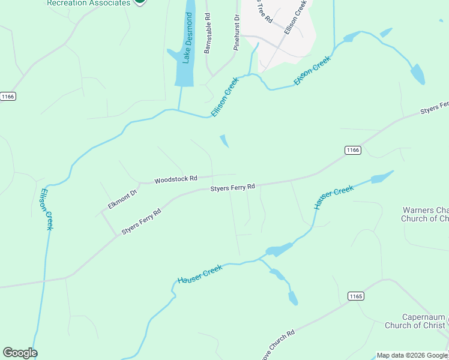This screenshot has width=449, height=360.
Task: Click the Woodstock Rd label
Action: (176, 179)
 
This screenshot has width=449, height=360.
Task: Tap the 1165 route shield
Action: (356, 296)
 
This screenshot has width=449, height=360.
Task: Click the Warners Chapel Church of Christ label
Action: (425, 214)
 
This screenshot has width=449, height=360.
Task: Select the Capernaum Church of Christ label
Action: (424, 321)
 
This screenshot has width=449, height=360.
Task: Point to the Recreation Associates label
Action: (88, 3)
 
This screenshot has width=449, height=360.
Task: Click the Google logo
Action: (20, 353)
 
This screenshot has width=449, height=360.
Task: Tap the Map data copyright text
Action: (412, 355)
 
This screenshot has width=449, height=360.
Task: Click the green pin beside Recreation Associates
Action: (139, 2)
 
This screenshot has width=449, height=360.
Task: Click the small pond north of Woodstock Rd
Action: (224, 141)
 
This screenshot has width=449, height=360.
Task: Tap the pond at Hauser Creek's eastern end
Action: (382, 177)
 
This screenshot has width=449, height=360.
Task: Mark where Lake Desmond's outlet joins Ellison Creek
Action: (178, 110)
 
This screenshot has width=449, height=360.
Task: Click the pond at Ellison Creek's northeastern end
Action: (417, 74)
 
